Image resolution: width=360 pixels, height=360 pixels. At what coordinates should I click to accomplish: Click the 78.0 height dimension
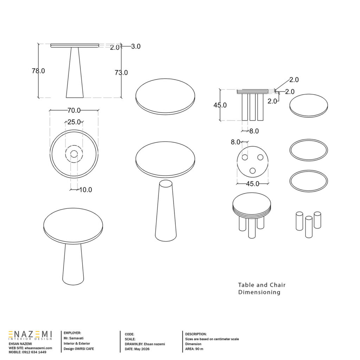(x=38, y=71)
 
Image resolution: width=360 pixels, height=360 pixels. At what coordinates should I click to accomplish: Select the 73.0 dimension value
(x=121, y=72)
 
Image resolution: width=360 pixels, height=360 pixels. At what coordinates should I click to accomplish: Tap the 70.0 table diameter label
(x=74, y=110)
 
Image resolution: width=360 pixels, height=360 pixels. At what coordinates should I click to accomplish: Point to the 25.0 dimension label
(x=74, y=122)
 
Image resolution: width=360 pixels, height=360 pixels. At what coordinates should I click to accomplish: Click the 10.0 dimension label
(x=85, y=189)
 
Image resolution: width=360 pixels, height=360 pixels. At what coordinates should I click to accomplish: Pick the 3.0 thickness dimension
(x=136, y=46)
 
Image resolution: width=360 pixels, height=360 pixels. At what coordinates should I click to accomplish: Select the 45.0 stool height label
(x=220, y=105)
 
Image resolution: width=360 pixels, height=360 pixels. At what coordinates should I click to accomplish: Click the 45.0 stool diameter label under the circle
(x=252, y=184)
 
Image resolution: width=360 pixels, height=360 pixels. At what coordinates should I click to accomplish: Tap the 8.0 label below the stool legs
(x=254, y=131)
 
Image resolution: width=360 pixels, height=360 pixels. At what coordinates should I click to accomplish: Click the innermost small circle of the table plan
(x=74, y=154)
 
